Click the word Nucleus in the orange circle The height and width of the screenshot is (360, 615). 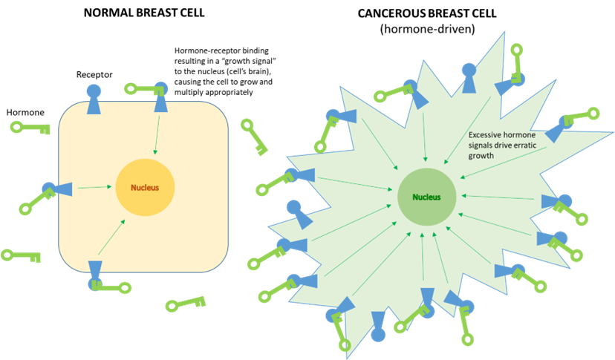(x=145, y=188)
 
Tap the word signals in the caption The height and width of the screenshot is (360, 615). (x=482, y=145)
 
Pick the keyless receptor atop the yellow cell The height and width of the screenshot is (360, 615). (x=93, y=97)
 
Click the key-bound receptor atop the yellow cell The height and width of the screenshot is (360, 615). (x=160, y=97)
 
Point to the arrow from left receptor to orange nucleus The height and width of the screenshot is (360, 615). (x=93, y=188)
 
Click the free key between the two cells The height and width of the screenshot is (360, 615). (x=254, y=137)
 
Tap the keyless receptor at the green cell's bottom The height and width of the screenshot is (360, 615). (x=378, y=327)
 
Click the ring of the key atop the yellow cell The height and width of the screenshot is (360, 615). (x=130, y=89)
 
